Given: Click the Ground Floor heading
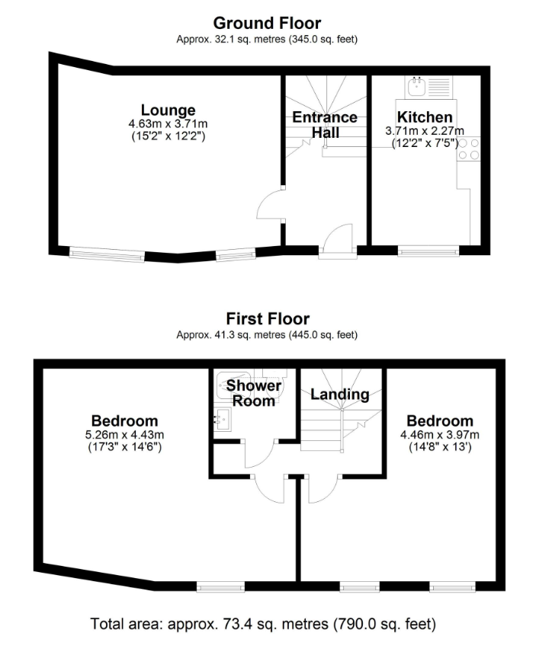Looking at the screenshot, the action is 267,24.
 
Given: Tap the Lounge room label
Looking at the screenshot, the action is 168,110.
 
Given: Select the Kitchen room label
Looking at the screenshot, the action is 425,117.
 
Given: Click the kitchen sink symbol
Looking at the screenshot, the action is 416,87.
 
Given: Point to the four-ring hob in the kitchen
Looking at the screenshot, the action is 469,149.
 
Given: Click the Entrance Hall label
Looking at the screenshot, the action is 325,125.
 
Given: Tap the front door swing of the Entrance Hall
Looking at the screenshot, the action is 338,238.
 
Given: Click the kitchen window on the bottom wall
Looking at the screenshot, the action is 428,251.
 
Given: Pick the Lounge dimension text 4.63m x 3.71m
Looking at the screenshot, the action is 168,123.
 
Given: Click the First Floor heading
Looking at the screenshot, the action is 268,319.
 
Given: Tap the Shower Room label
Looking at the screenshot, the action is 254,393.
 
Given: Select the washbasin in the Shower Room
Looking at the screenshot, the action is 223,419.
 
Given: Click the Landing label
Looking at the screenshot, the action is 340,395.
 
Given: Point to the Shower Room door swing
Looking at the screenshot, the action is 259,453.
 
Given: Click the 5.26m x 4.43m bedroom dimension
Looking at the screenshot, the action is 124,435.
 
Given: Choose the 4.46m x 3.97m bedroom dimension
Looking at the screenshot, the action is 440,435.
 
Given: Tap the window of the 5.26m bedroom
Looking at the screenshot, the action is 220,587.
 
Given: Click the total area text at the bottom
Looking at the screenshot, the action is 263,624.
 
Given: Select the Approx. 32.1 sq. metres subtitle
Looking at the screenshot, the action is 267,39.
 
